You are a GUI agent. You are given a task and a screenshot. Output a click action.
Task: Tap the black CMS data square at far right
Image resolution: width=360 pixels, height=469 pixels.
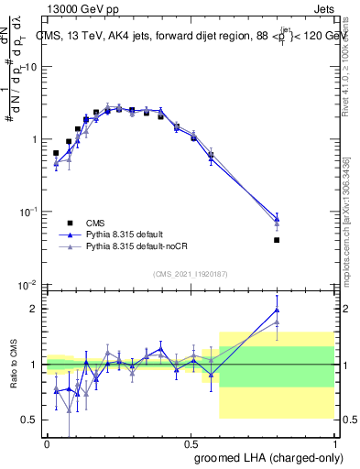(x=277, y=240)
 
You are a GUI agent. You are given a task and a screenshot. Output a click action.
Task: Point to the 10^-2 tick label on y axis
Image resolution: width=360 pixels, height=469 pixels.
(x=27, y=285)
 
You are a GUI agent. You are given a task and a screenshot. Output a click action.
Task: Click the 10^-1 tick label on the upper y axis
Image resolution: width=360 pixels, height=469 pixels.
(x=27, y=212)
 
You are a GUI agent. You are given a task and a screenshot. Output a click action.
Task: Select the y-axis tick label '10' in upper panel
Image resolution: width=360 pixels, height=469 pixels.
(x=30, y=67)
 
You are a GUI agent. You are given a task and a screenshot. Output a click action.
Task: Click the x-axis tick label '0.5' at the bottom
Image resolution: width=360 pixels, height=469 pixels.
(x=191, y=442)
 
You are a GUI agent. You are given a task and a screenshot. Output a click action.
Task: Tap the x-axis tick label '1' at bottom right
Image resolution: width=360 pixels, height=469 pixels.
(x=334, y=442)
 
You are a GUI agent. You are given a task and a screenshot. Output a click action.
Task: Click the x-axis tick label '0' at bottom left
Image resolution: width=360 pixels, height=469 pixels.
(x=46, y=442)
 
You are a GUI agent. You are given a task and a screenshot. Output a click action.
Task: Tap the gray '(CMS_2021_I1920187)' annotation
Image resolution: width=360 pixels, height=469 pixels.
(x=191, y=272)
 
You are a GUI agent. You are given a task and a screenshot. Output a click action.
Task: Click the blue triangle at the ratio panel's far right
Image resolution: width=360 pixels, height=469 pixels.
(x=277, y=310)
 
